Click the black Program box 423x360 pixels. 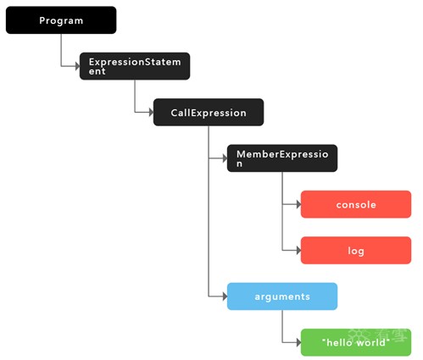tap(61, 20)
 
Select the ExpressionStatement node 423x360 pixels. tap(135, 66)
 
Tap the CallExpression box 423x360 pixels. tap(209, 112)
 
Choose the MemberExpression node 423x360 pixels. tap(282, 158)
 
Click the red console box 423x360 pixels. tap(356, 204)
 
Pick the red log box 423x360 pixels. tap(356, 251)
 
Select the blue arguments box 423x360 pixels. tap(282, 296)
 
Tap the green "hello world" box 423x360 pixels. tap(356, 342)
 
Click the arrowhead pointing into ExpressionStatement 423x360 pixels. tap(78, 66)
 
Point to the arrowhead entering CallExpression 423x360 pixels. tap(152, 113)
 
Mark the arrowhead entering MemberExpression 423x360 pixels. tap(225, 158)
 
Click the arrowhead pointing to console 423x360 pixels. tap(299, 204)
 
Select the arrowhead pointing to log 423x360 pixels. tap(299, 250)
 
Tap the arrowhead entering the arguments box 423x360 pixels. tap(225, 296)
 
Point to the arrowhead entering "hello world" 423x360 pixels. tap(299, 342)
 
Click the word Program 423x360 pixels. tap(61, 21)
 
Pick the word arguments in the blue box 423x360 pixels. tap(282, 297)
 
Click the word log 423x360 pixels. tap(356, 251)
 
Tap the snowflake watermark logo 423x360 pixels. tap(359, 335)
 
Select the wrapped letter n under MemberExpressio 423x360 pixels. tap(239, 164)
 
